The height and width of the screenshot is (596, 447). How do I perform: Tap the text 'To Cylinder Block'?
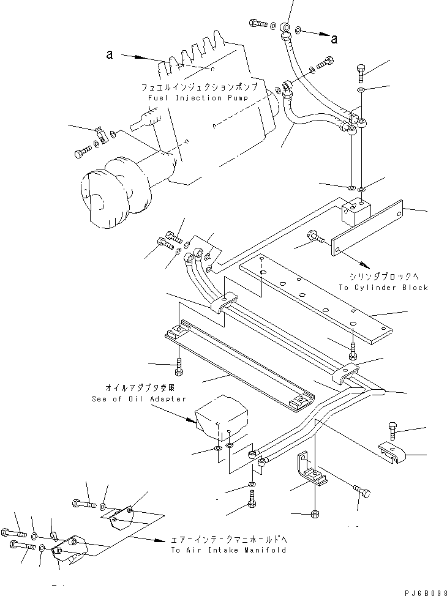(383, 287)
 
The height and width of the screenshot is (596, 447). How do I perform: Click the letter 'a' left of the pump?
(109, 54)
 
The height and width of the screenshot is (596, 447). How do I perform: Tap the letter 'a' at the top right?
(334, 40)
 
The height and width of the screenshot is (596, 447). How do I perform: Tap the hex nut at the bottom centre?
(313, 512)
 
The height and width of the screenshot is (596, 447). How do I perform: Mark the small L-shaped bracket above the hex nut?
(311, 469)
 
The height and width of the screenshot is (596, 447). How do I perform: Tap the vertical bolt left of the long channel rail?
(178, 366)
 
